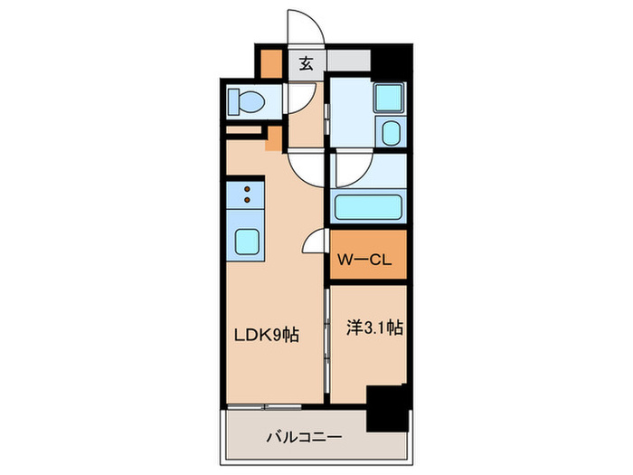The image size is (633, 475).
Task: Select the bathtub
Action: click(370, 206)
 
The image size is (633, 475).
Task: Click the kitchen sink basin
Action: click(248, 241)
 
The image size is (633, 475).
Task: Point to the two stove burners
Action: click(246, 194)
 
